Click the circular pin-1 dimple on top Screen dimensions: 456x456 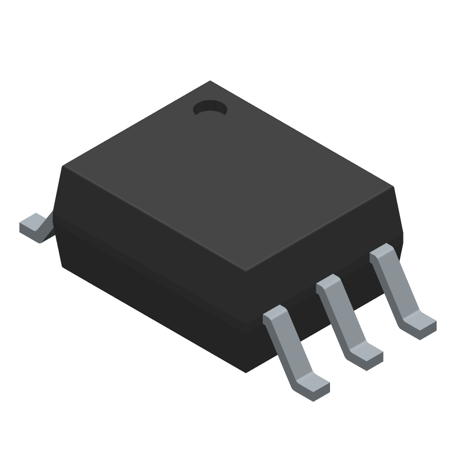(209, 108)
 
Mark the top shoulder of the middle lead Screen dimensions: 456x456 (329, 283)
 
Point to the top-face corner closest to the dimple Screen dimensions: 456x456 (210, 82)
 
